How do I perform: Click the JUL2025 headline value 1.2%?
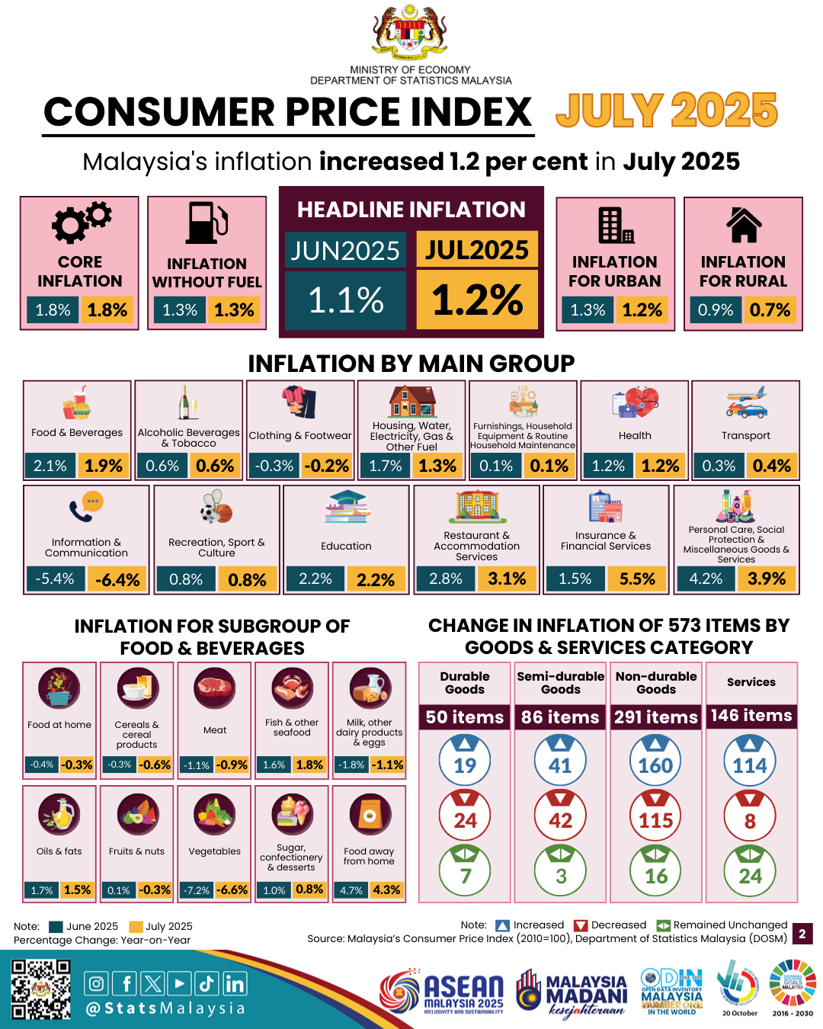coord(477,300)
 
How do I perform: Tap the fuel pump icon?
coord(207,223)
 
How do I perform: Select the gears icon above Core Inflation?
coord(80,222)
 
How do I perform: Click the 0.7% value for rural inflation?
coord(770,310)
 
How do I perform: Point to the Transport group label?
coord(745,435)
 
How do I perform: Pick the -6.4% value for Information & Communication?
coord(117,580)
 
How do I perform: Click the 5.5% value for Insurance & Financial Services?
coord(637,579)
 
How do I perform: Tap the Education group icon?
coord(346,508)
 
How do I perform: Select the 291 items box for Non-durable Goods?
coord(655,717)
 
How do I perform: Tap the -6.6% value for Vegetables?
coord(232,890)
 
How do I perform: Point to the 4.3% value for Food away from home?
coord(386,890)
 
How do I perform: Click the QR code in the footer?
coord(41,989)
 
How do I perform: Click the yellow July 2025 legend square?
coord(136,927)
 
